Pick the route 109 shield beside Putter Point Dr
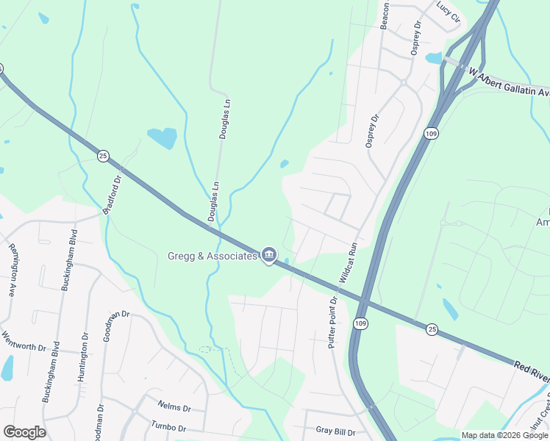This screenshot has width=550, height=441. [x=359, y=323]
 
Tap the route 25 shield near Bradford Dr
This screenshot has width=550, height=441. [x=103, y=155]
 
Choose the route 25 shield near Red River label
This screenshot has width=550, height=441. [x=432, y=330]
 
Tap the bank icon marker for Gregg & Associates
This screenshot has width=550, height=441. [x=269, y=255]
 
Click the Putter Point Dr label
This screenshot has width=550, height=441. [x=332, y=323]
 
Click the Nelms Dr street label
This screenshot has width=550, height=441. [x=174, y=406]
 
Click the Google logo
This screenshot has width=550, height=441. [x=24, y=432]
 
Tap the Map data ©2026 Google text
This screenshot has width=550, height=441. [x=504, y=435]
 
